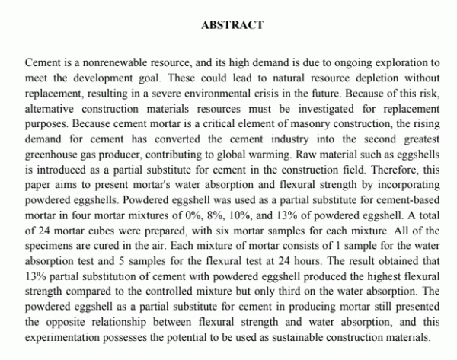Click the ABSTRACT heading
pyautogui.click(x=232, y=24)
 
